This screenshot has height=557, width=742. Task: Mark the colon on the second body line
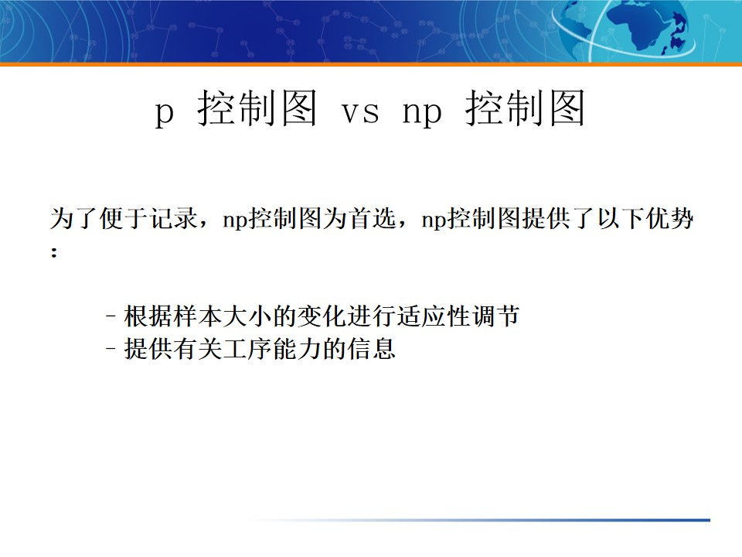tap(54, 253)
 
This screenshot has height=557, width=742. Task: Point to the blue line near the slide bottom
tap(541, 520)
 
